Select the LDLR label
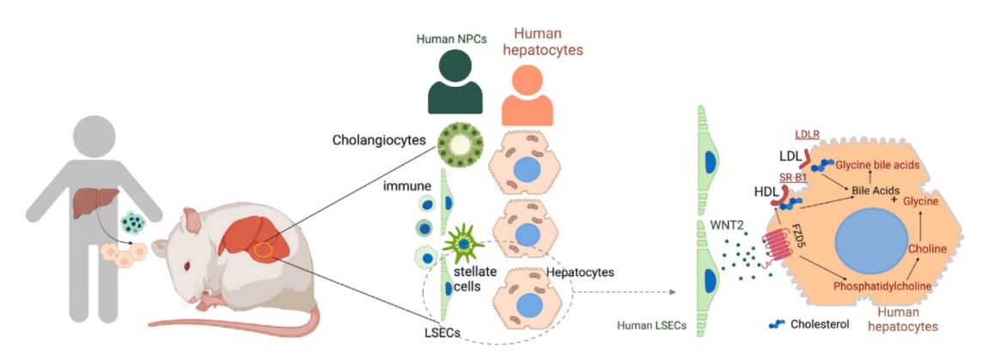click(x=807, y=134)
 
